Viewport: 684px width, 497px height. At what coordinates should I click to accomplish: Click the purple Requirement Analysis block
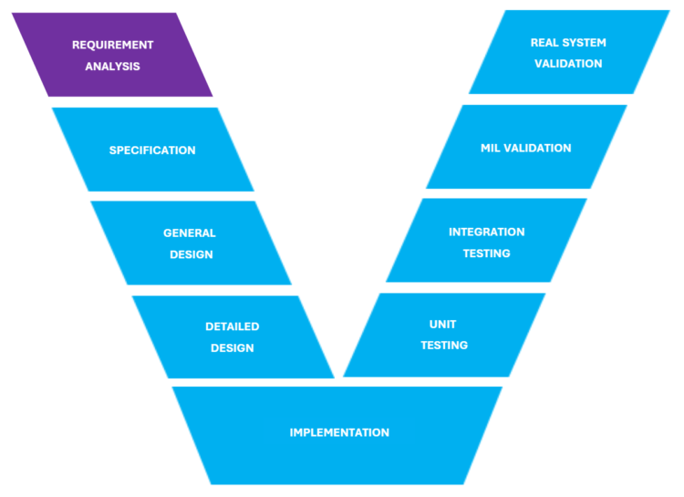point(113,55)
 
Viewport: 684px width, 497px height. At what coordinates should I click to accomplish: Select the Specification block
point(152,150)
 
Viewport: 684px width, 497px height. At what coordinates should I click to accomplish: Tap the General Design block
point(191,243)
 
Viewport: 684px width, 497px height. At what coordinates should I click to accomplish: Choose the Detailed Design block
point(233,337)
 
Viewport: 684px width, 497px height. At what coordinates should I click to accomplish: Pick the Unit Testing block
point(444,335)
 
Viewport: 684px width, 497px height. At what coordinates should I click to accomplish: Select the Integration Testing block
point(487,242)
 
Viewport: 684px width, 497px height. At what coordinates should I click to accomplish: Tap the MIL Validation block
point(526,148)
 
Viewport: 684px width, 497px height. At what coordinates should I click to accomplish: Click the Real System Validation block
point(568,53)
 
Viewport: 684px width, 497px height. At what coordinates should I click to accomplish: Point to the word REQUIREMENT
point(113,45)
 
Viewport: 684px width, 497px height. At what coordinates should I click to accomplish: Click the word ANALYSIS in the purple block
point(113,67)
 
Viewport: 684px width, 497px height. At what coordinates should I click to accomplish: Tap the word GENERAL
point(190,233)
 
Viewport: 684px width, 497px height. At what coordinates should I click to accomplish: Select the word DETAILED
point(233,326)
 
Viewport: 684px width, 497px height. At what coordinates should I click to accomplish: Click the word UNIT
point(443,324)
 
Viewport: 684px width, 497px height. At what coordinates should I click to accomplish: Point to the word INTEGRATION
point(487,232)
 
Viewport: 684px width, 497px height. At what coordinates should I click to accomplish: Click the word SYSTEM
point(585,43)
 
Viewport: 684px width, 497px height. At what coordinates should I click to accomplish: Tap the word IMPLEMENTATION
point(339,432)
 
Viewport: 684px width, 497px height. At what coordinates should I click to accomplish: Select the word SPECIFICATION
point(152,150)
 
